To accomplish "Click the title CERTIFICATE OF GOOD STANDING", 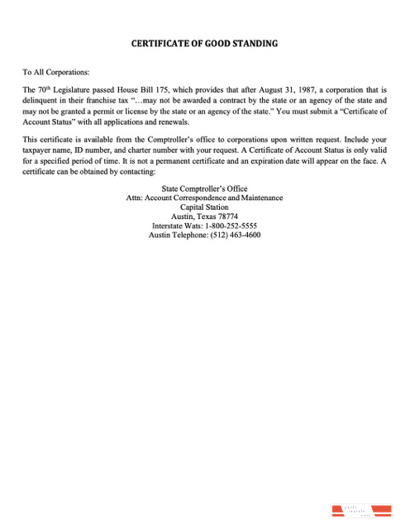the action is point(204,43).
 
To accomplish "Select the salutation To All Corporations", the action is point(56,73).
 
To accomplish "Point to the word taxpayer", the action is point(41,151).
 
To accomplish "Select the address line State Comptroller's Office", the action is point(204,189).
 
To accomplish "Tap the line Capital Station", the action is point(204,207).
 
